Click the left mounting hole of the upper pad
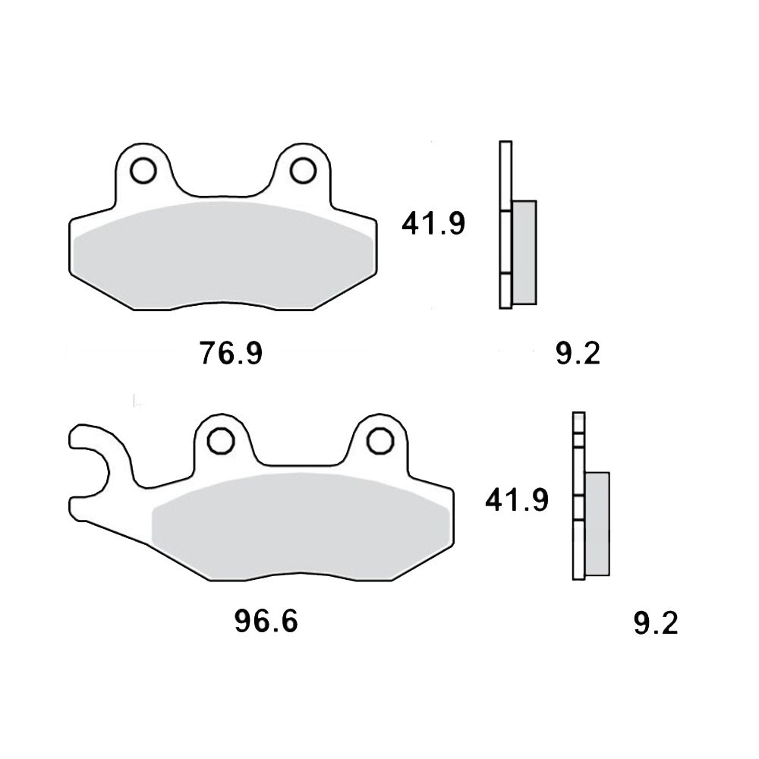(143, 170)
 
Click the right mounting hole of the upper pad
(303, 170)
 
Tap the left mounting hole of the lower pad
(221, 440)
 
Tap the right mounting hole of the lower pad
(380, 440)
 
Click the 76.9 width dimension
(231, 353)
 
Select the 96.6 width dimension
(266, 621)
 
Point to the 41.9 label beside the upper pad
(433, 223)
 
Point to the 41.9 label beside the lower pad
(517, 499)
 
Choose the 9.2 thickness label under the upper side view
(578, 353)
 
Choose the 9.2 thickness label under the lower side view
(656, 622)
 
